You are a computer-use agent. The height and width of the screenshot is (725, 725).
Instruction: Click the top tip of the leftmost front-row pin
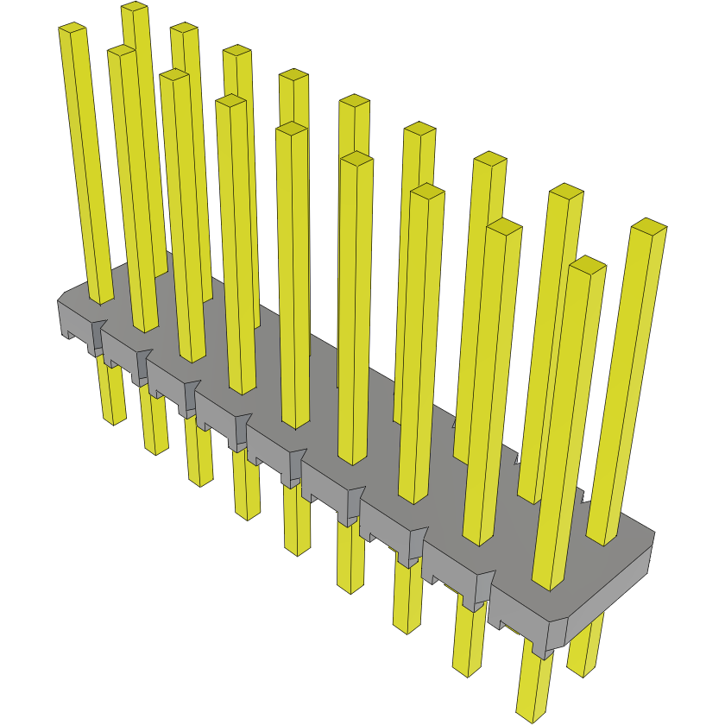point(73,29)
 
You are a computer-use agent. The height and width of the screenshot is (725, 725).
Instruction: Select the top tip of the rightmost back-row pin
point(649,226)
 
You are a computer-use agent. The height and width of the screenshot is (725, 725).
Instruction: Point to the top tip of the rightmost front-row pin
point(587,264)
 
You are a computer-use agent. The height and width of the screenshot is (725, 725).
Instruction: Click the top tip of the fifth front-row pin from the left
point(292,129)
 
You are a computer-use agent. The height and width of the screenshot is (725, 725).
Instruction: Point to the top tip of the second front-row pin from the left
point(122,52)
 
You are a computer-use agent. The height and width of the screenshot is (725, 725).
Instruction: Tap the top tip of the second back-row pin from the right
point(566,192)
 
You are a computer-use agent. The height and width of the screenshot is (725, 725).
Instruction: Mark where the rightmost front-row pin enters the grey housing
point(549,585)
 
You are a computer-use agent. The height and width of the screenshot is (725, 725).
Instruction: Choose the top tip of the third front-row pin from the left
point(174,76)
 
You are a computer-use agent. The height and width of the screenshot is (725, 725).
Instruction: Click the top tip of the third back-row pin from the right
point(490,159)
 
